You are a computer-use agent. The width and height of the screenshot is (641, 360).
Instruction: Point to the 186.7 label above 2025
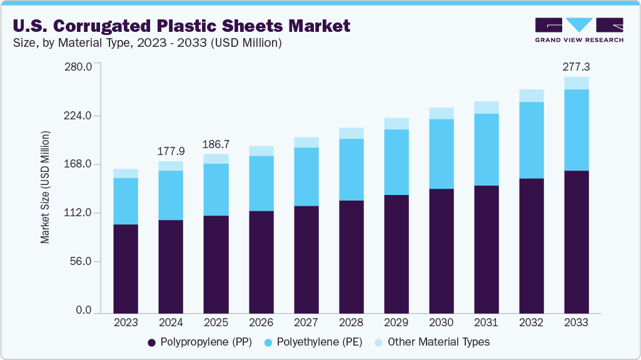tap(216, 144)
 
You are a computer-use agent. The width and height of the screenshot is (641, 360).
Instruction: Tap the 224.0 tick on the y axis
tap(79, 116)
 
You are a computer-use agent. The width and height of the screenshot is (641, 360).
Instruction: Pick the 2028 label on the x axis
tap(351, 322)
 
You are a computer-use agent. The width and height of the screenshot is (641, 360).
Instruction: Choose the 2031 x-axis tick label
tap(486, 322)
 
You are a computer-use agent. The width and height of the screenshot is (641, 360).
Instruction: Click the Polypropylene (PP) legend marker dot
tap(151, 342)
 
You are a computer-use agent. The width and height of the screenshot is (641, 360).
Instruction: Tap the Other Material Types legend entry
tap(438, 342)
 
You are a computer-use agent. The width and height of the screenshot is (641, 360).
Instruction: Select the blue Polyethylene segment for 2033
tap(576, 129)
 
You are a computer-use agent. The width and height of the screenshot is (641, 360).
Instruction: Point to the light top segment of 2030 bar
tap(441, 113)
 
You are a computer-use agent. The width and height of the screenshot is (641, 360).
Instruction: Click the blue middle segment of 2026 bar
tap(261, 183)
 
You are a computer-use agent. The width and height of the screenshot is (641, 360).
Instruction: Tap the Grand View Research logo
tap(579, 29)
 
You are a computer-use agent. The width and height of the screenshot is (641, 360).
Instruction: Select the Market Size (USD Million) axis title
tap(45, 187)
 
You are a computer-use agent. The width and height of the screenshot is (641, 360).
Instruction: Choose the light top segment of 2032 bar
tap(531, 96)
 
